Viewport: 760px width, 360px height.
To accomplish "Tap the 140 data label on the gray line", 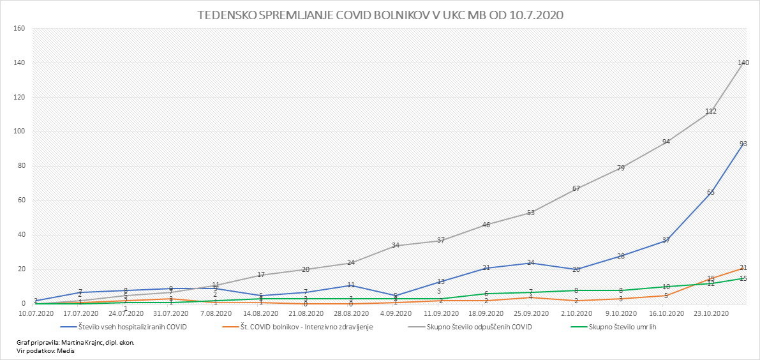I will coord(743,63).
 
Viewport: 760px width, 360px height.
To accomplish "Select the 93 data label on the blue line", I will coord(743,144).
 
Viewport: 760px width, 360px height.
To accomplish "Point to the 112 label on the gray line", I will coord(711,111).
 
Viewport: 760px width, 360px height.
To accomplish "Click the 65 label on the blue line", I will coord(711,192).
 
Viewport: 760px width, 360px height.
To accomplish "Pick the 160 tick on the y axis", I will coord(19,29).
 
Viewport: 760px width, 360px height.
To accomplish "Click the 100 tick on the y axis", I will coord(19,132).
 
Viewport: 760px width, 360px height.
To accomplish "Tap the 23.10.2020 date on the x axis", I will coord(711,313).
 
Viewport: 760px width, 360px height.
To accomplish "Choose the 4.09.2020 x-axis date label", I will coord(396,313).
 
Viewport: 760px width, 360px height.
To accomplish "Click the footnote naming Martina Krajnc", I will coord(75,343).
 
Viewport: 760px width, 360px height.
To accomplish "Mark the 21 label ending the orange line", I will coord(743,267).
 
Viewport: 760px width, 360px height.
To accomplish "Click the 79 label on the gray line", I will coord(620,169).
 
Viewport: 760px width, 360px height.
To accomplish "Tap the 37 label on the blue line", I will coord(666,241).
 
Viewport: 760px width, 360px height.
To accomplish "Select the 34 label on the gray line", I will coord(396,245).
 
